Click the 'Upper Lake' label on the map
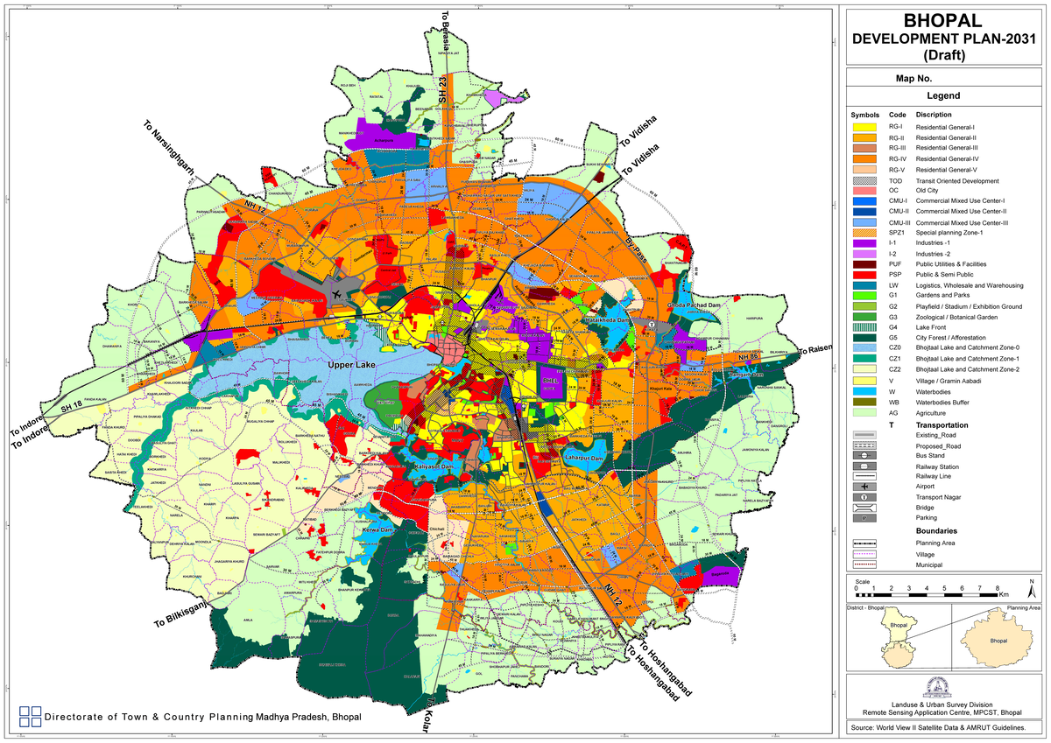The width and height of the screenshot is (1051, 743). tap(346, 365)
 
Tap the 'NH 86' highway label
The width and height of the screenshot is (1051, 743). tap(747, 358)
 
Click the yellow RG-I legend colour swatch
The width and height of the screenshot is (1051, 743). tap(865, 127)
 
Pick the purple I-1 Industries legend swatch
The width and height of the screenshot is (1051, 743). tap(865, 242)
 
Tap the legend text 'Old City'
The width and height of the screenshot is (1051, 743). tap(933, 190)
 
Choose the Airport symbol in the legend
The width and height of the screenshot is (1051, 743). tap(865, 486)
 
